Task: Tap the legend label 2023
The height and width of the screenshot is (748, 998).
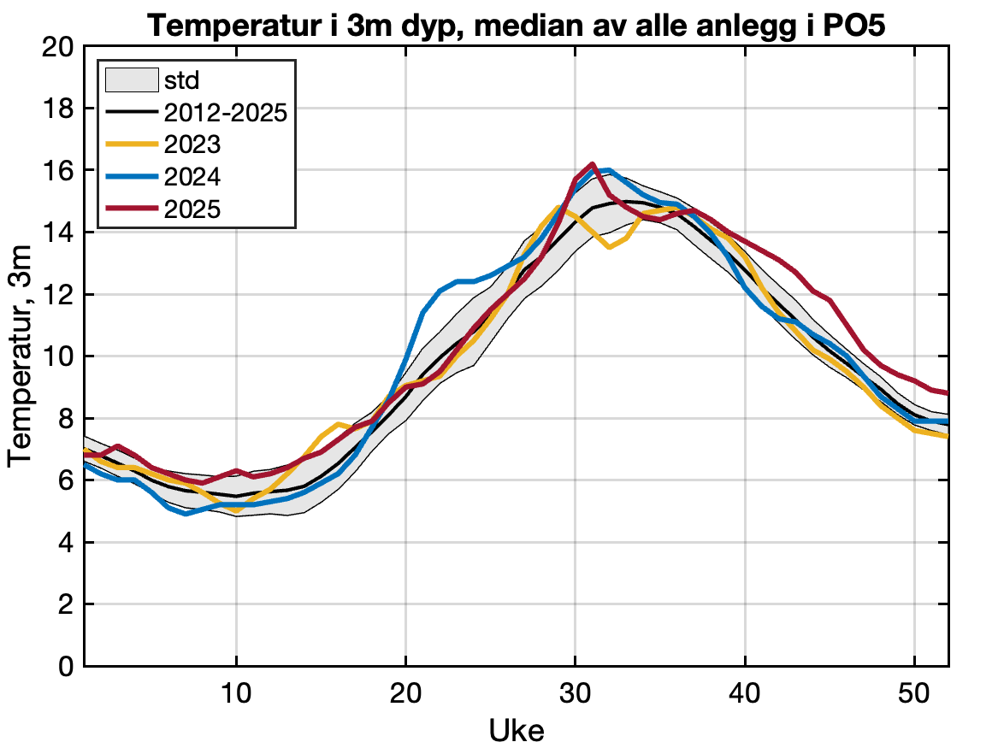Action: point(192,144)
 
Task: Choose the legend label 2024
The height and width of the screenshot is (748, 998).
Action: point(192,177)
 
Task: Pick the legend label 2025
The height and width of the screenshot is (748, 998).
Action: point(192,209)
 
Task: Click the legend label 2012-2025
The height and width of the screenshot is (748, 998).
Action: point(225,113)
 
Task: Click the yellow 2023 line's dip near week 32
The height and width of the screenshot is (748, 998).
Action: point(609,247)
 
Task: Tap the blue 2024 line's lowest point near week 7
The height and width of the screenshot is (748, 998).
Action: point(186,514)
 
